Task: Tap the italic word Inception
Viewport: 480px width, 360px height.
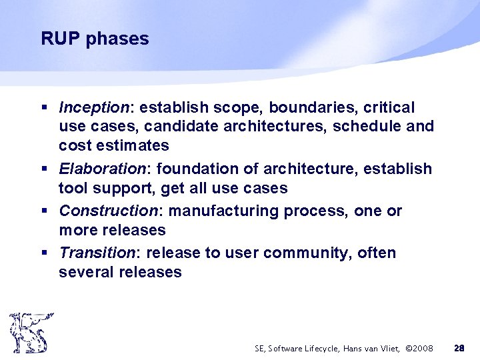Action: [x=93, y=108]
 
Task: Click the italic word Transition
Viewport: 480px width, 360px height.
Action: [x=97, y=253]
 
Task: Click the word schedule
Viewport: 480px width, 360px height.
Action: [x=370, y=126]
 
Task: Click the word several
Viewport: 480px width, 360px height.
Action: [x=85, y=272]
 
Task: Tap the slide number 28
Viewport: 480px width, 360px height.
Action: [x=459, y=348]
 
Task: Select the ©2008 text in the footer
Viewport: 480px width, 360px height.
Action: [x=419, y=348]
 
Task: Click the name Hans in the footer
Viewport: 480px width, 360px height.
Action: [x=351, y=348]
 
